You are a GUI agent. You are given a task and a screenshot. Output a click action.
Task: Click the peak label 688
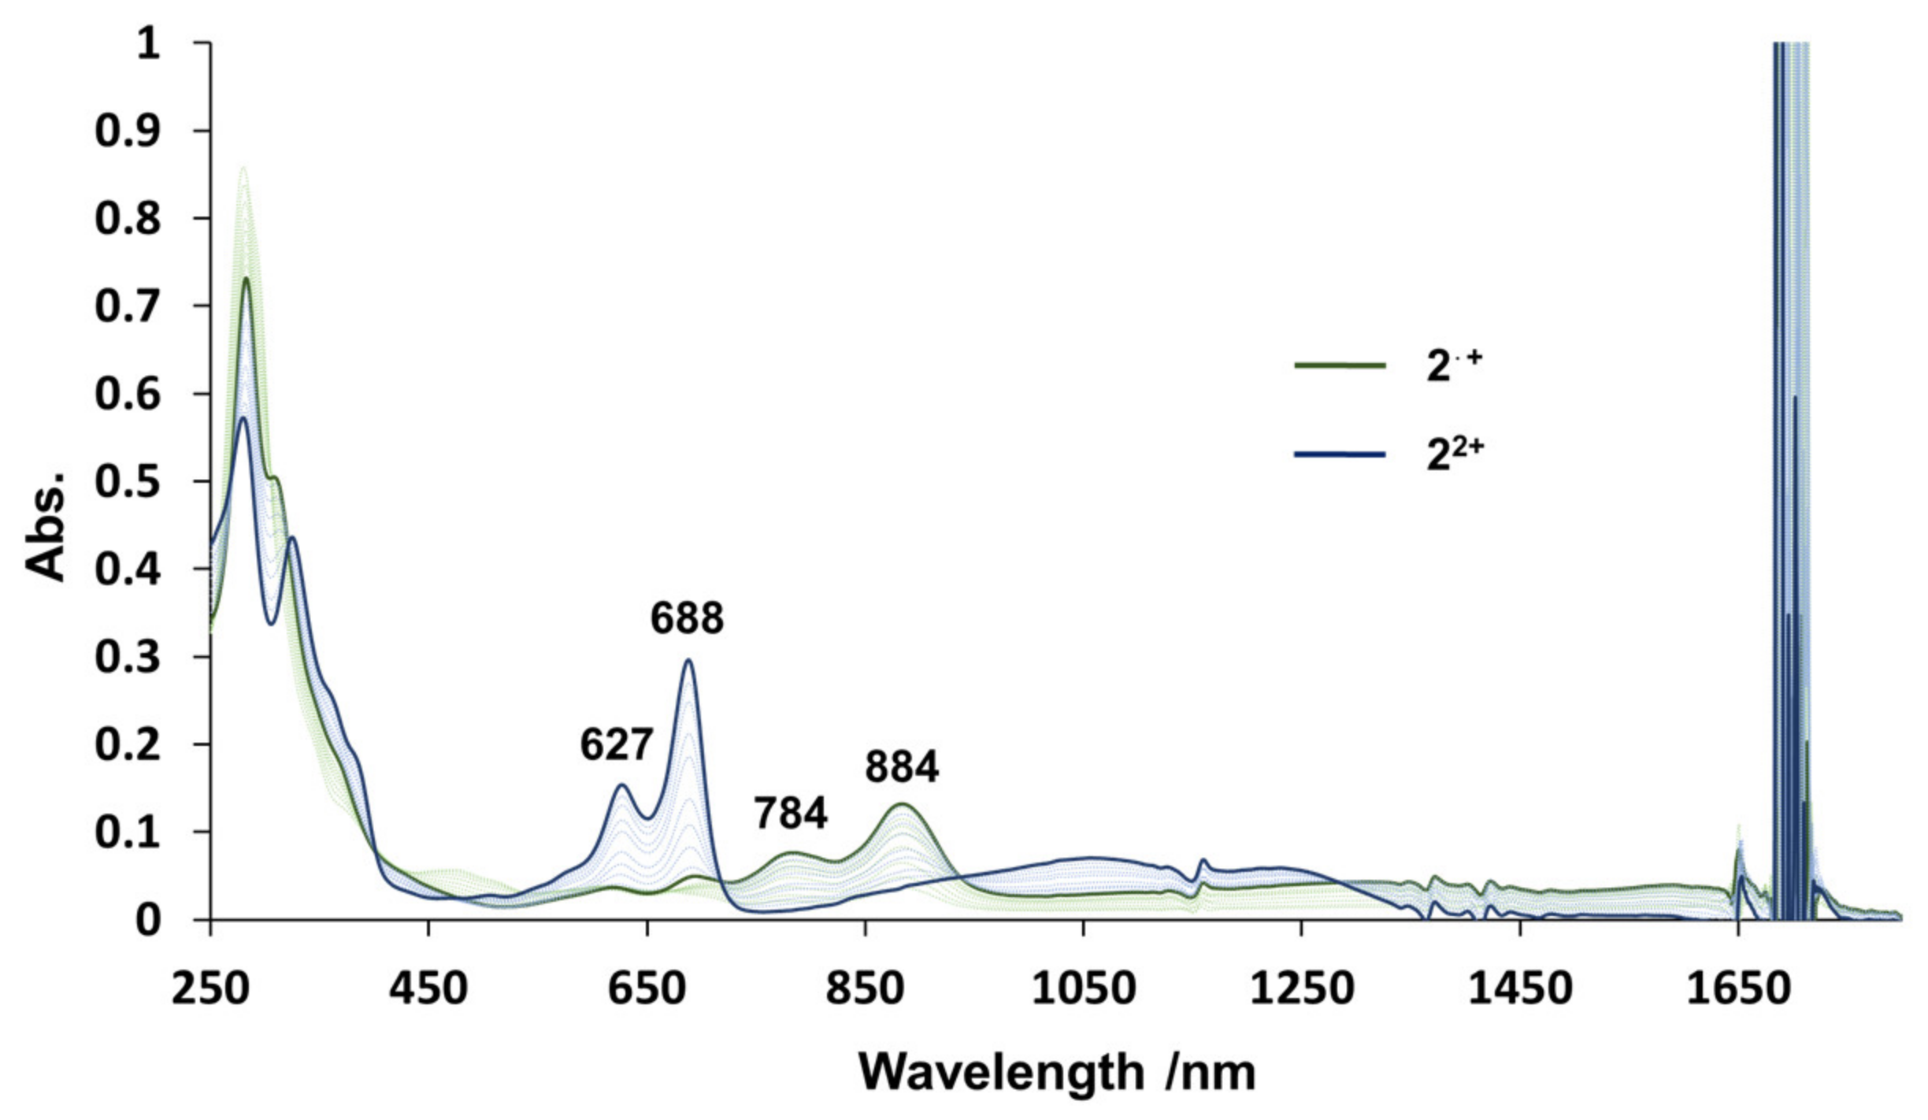687,618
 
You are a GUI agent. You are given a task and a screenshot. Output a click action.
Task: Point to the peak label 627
617,744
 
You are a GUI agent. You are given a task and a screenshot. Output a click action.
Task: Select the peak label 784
791,813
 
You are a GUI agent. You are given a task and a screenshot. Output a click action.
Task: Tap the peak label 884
902,766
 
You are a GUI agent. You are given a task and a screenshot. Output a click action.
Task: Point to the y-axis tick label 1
148,44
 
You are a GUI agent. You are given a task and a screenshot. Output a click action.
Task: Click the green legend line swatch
1340,365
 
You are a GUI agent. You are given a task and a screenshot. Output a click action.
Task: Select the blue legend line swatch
1340,454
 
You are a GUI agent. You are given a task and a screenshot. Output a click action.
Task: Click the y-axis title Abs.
46,526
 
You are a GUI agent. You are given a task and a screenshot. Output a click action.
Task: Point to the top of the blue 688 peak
688,660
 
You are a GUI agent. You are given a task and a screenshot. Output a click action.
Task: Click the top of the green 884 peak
901,804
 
